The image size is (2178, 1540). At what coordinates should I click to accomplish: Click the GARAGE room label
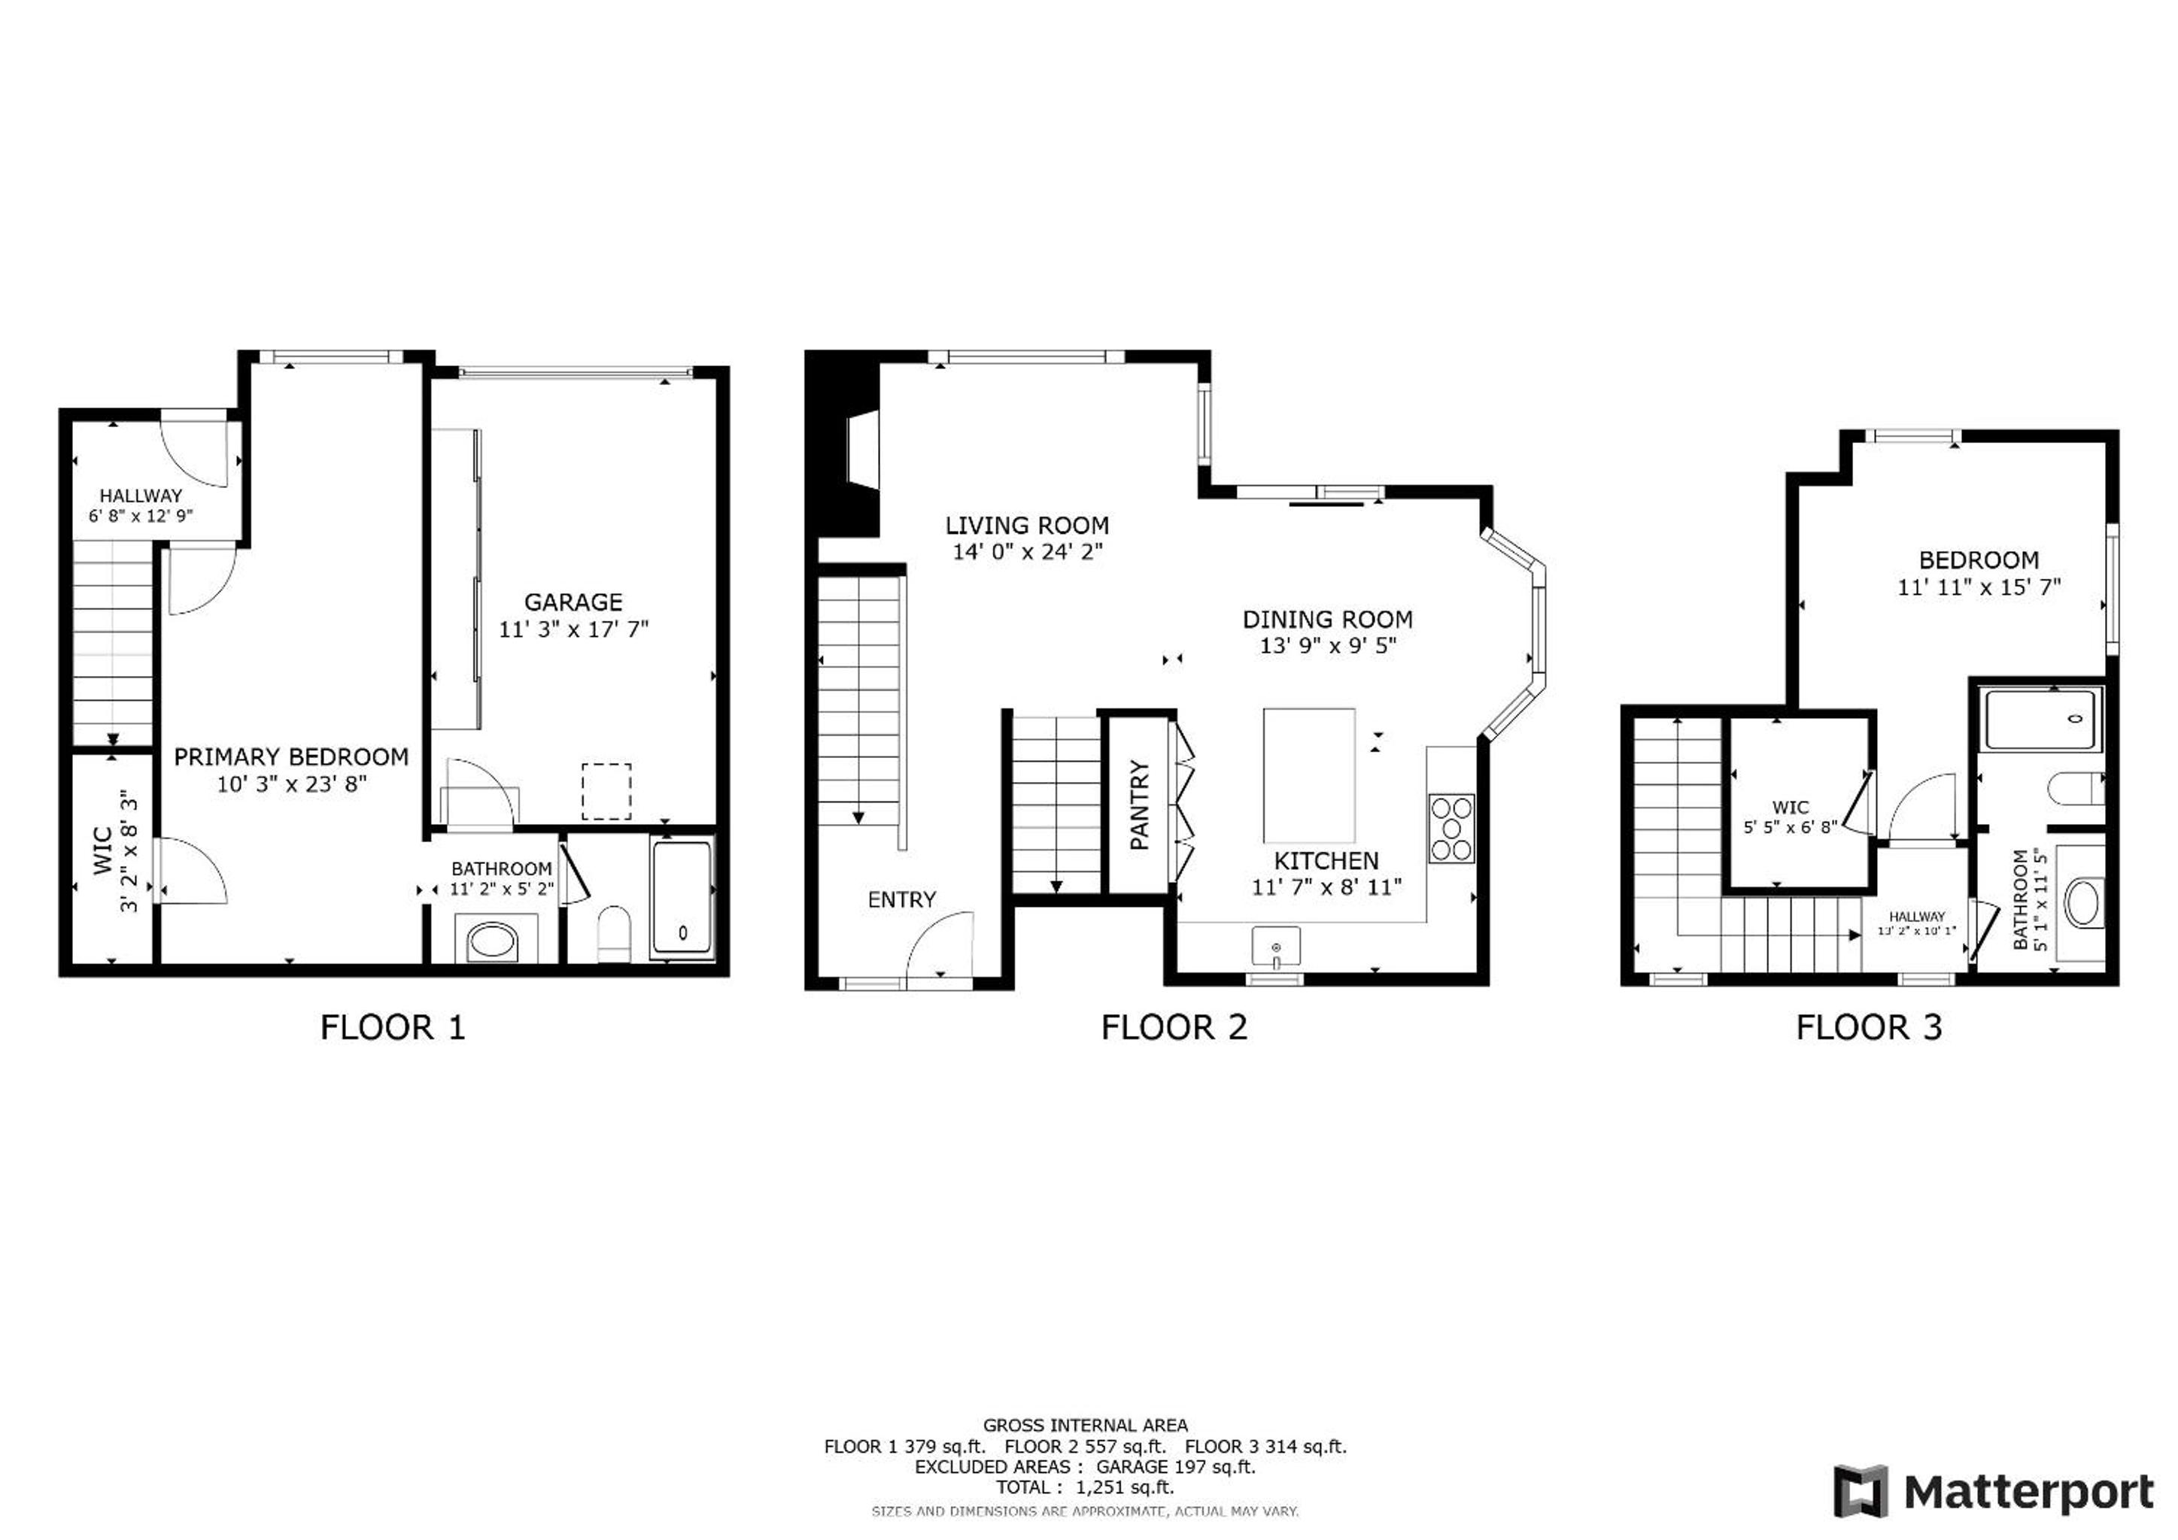(573, 602)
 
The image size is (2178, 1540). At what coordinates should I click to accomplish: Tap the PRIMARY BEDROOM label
(291, 756)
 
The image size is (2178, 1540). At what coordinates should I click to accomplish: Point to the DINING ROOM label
(1327, 619)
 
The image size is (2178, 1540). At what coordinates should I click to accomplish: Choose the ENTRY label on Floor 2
(901, 899)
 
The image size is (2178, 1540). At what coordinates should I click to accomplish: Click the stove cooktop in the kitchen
(1451, 828)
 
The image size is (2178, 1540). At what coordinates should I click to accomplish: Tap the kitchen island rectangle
(1309, 775)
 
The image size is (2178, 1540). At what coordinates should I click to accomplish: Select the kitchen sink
(1276, 947)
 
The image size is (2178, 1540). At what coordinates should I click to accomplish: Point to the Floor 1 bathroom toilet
(614, 934)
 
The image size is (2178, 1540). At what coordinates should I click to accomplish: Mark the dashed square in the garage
(606, 791)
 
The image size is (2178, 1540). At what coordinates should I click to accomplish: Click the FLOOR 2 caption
(1174, 1028)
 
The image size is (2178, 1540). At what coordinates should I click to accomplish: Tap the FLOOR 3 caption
(1869, 1028)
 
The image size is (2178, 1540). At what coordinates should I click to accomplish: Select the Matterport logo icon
(1861, 1492)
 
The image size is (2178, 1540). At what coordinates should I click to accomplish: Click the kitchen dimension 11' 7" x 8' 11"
(1326, 887)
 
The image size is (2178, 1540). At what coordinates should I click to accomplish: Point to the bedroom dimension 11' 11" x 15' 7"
(1979, 587)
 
